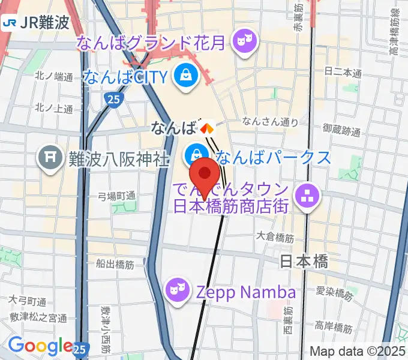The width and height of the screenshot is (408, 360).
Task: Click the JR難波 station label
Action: click(36, 23)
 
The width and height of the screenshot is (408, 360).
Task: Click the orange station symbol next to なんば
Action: click(207, 127)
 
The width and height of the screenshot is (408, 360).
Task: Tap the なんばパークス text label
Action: click(273, 157)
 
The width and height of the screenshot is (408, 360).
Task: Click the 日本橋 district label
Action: click(305, 261)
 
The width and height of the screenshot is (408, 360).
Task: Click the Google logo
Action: click(40, 346)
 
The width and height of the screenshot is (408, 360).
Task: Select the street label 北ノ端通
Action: click(53, 76)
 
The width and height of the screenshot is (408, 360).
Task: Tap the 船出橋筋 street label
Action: click(113, 263)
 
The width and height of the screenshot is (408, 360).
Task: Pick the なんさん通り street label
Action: click(269, 122)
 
